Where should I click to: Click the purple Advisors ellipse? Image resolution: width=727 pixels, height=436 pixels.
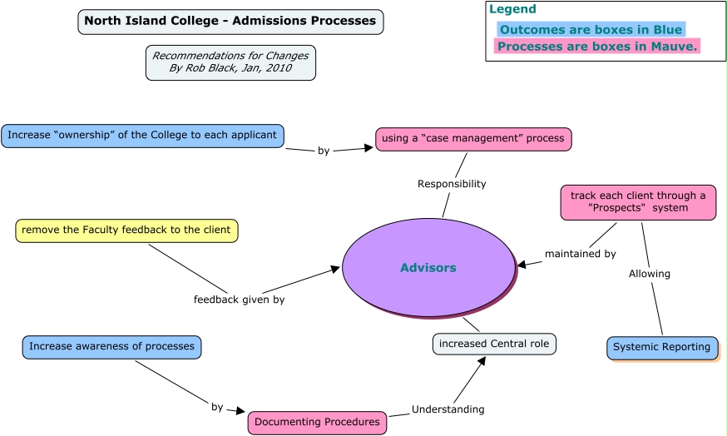tap(428, 267)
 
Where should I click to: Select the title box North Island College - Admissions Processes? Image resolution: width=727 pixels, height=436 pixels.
tap(230, 21)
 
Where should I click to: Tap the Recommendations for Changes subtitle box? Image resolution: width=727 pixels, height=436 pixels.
tap(230, 62)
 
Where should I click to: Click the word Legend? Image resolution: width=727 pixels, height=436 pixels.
tap(512, 9)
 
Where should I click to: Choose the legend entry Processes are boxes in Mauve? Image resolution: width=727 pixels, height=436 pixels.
tap(597, 47)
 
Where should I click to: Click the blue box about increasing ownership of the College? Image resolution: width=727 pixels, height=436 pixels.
tap(142, 135)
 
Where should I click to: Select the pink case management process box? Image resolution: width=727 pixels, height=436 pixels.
tap(473, 138)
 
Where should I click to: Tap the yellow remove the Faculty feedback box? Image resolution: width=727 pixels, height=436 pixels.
tap(126, 230)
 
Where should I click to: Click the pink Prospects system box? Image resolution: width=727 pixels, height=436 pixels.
tap(638, 202)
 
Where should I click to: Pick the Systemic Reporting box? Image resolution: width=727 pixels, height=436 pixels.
tap(662, 347)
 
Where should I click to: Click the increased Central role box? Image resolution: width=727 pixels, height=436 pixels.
tap(494, 344)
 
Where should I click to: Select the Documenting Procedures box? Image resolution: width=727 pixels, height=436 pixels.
tap(317, 422)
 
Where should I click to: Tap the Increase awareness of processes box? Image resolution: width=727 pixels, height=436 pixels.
tap(111, 346)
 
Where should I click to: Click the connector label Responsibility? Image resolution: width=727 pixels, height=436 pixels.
tap(452, 184)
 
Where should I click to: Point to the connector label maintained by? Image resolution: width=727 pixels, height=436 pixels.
tap(581, 254)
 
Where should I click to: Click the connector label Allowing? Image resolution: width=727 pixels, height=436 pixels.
tap(650, 273)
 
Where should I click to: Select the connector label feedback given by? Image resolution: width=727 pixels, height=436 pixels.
tap(239, 300)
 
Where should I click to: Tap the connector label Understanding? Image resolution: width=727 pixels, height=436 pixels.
tap(448, 409)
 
